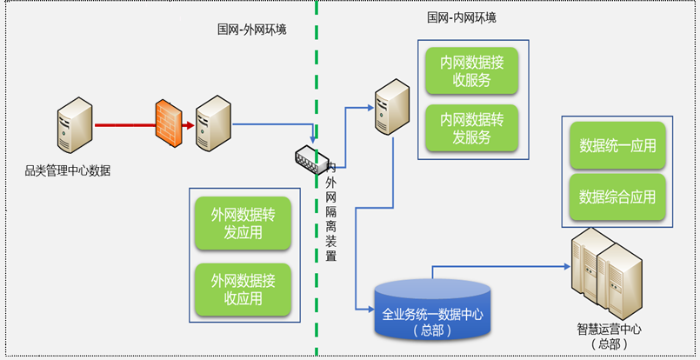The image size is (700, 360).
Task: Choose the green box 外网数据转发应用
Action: (243, 223)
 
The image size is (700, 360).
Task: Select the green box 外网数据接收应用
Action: (243, 290)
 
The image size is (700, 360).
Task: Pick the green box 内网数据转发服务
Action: (472, 127)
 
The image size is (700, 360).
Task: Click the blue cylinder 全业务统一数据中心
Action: (431, 308)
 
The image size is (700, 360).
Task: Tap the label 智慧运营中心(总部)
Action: (609, 337)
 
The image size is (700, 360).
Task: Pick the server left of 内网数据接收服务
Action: (390, 107)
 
